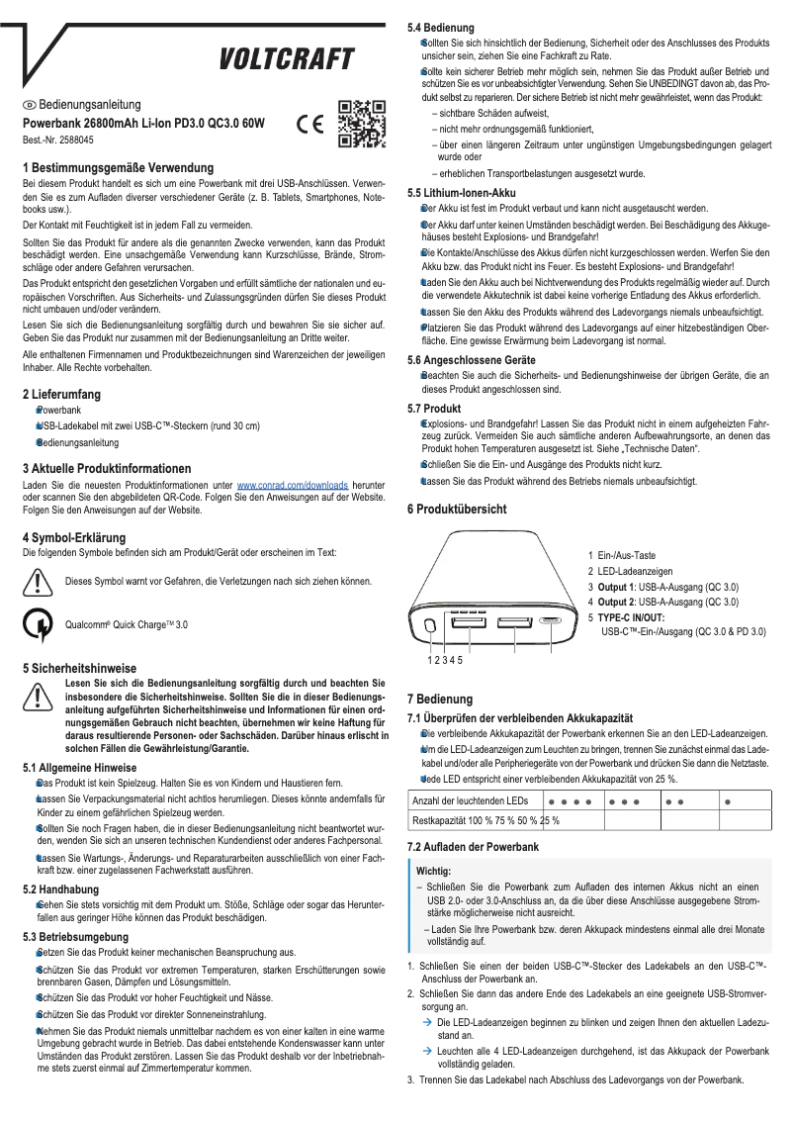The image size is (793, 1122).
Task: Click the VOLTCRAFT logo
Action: tap(287, 60)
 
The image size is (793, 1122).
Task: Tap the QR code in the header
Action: tap(357, 124)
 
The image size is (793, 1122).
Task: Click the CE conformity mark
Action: tap(308, 127)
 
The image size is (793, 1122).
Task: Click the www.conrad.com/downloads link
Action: tap(292, 486)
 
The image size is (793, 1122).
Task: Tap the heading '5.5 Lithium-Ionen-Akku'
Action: tap(464, 193)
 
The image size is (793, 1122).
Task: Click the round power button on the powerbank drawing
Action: tap(430, 626)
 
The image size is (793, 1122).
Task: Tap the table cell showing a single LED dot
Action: tap(727, 800)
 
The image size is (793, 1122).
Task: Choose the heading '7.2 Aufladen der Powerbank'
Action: tap(474, 848)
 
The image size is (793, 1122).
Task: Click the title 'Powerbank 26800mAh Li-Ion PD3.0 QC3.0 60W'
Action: tap(144, 124)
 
